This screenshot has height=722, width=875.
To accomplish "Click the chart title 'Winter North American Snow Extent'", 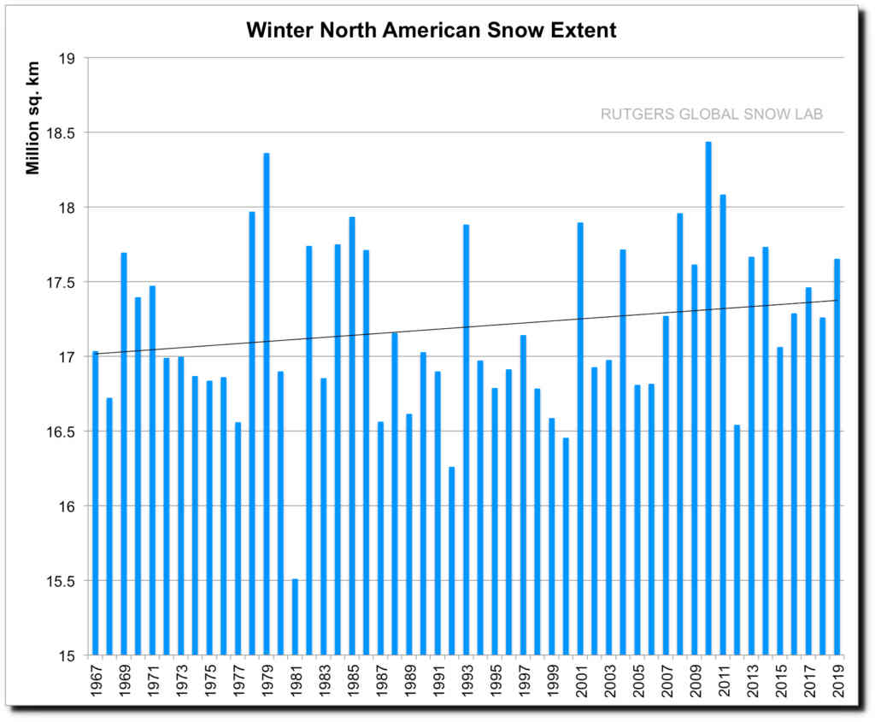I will (x=432, y=31).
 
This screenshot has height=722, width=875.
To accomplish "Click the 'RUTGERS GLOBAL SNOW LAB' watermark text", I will (x=712, y=114).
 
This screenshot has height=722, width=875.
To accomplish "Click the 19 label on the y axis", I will (x=68, y=58).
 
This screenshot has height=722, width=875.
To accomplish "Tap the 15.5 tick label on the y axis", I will (x=62, y=582).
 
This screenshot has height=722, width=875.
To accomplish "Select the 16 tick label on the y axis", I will (x=68, y=507).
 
